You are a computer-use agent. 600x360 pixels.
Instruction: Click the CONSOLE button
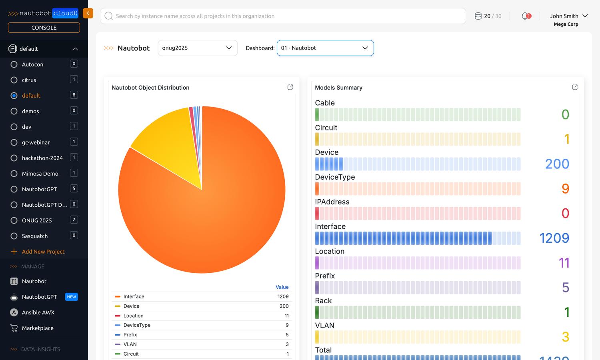pos(44,28)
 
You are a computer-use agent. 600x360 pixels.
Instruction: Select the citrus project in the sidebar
pos(29,80)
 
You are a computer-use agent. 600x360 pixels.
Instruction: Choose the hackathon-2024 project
pos(42,158)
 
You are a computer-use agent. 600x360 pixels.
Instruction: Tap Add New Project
pos(43,252)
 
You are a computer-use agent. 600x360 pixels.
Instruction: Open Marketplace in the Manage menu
pos(38,328)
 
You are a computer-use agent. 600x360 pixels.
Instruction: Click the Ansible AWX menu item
pos(38,312)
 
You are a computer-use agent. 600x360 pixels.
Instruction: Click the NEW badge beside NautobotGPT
pos(72,297)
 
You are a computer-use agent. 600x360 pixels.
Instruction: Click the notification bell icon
pos(526,16)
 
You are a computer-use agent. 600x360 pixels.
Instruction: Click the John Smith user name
pos(564,16)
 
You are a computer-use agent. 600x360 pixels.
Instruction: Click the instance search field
pos(283,16)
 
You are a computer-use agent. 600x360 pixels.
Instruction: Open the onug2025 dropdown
pos(198,48)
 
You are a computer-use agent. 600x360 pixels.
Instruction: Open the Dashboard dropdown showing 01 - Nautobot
pos(325,48)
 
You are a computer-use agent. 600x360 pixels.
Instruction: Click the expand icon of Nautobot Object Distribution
pos(290,87)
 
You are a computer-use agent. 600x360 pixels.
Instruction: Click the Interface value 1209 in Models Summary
pos(554,238)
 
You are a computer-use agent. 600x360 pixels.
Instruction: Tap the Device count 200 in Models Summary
pos(557,164)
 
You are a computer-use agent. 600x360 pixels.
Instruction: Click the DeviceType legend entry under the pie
pos(137,325)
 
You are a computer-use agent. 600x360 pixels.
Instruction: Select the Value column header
pos(282,287)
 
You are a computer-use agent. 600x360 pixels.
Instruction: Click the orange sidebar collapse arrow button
pos(88,13)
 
